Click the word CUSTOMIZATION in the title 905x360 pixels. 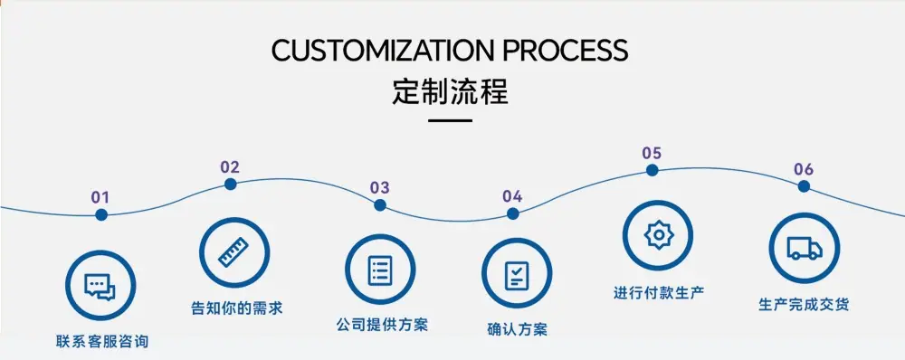383,50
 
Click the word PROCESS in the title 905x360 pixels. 566,50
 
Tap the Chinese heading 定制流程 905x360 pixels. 450,92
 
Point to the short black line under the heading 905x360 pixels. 450,120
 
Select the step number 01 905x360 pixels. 100,197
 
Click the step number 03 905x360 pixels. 380,187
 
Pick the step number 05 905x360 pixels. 652,154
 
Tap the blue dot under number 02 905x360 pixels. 230,184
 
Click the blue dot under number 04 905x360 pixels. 512,214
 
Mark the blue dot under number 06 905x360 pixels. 804,186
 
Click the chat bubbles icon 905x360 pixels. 100,287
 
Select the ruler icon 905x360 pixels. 233,252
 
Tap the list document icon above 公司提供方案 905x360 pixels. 380,270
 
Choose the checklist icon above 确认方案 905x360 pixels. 517,275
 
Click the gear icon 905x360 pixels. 657,235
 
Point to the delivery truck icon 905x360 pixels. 805,248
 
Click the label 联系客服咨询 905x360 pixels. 102,342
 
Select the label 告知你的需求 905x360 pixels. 236,308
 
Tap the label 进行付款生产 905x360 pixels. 659,292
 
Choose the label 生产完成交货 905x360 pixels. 804,305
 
